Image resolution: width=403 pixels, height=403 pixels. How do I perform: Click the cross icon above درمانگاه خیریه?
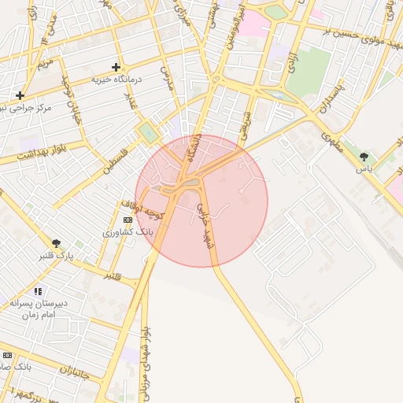116,67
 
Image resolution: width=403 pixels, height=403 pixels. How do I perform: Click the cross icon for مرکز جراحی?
20,95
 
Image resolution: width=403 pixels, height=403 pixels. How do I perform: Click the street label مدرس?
167,78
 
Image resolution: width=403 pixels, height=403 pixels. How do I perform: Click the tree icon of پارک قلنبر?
56,243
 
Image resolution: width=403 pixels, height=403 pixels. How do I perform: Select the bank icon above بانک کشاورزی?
128,220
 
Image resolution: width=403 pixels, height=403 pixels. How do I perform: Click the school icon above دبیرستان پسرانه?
38,291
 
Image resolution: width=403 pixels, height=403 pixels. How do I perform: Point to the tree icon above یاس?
364,157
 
